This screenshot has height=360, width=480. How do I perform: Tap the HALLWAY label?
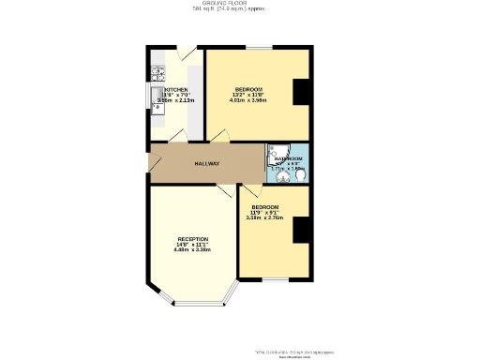(206, 164)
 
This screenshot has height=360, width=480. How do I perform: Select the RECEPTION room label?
(192, 239)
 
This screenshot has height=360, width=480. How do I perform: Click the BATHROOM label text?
(288, 159)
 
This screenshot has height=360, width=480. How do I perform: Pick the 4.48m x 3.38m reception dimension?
(192, 250)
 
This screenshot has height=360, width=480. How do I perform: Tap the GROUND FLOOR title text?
(240, 4)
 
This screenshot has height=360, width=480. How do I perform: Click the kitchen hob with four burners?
(157, 74)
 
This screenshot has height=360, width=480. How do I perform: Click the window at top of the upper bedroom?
(260, 47)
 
